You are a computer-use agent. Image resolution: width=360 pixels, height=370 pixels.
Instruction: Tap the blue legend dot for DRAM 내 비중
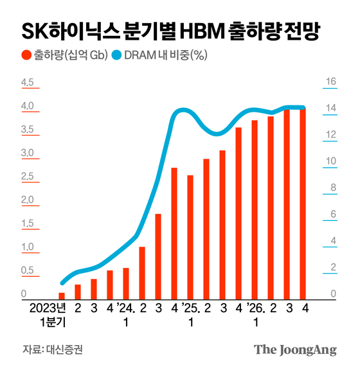(x=116, y=55)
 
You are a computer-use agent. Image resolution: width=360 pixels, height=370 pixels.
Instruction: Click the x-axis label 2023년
(x=46, y=308)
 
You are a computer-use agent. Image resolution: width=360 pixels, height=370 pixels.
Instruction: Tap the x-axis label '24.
(x=126, y=308)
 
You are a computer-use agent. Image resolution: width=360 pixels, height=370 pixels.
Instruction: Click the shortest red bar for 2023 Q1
(x=62, y=295)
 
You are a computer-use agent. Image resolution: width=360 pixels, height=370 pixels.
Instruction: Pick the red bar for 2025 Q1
(x=190, y=236)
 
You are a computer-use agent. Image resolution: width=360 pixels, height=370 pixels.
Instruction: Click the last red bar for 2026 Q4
(x=303, y=203)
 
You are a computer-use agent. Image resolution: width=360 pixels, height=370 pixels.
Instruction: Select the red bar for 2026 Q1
(x=255, y=209)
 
